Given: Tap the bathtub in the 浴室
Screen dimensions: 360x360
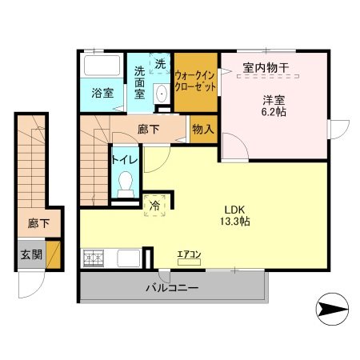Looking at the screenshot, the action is [102, 66].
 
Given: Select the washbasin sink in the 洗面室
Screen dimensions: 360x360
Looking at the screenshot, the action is [162, 94].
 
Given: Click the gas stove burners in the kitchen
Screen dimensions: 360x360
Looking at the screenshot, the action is [94, 258].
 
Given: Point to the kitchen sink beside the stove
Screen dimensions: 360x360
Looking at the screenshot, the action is [129, 258].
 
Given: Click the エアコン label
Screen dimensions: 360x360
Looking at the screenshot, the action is [189, 254].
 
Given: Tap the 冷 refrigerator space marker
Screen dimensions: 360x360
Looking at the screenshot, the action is [154, 206].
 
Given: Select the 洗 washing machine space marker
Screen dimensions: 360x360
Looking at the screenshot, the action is [160, 63].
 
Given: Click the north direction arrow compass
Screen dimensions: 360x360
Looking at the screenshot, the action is [332, 309].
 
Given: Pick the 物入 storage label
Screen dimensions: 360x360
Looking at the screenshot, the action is [203, 130].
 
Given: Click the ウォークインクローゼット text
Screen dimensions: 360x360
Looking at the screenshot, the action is [195, 82].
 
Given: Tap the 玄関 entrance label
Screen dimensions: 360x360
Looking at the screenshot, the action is [31, 254].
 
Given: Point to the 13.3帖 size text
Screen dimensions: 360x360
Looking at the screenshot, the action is [234, 221].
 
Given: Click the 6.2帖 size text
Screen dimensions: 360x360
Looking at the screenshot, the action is [274, 112].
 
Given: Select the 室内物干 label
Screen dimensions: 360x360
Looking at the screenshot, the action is [266, 67].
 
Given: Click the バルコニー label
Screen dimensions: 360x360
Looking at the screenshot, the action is [172, 288].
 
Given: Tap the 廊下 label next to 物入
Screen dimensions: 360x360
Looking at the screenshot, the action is [149, 130].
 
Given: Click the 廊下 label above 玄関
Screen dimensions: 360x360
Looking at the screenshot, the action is [38, 223].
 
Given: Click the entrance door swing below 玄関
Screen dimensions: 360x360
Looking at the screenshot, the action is [30, 284].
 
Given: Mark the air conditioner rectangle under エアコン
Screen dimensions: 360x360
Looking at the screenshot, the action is [189, 262].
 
